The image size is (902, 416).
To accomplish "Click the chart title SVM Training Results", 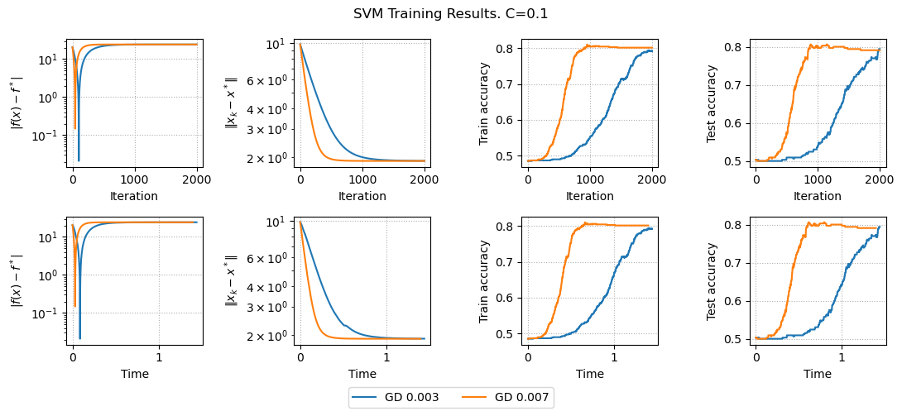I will tap(450, 14).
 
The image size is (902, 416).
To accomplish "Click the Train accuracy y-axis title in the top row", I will tap(485, 103).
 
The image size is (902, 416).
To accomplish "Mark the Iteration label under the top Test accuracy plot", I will tap(818, 196).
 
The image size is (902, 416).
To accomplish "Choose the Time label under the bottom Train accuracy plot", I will tap(590, 374).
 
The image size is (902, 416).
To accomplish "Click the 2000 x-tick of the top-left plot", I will tap(197, 179).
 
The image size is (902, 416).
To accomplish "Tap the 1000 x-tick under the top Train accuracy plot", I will tap(590, 179).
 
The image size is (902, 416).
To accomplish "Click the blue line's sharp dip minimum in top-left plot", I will tap(79, 160).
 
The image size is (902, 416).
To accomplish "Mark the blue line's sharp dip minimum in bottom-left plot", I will tap(80, 338).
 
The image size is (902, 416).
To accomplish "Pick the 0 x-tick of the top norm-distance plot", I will tap(300, 179).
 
